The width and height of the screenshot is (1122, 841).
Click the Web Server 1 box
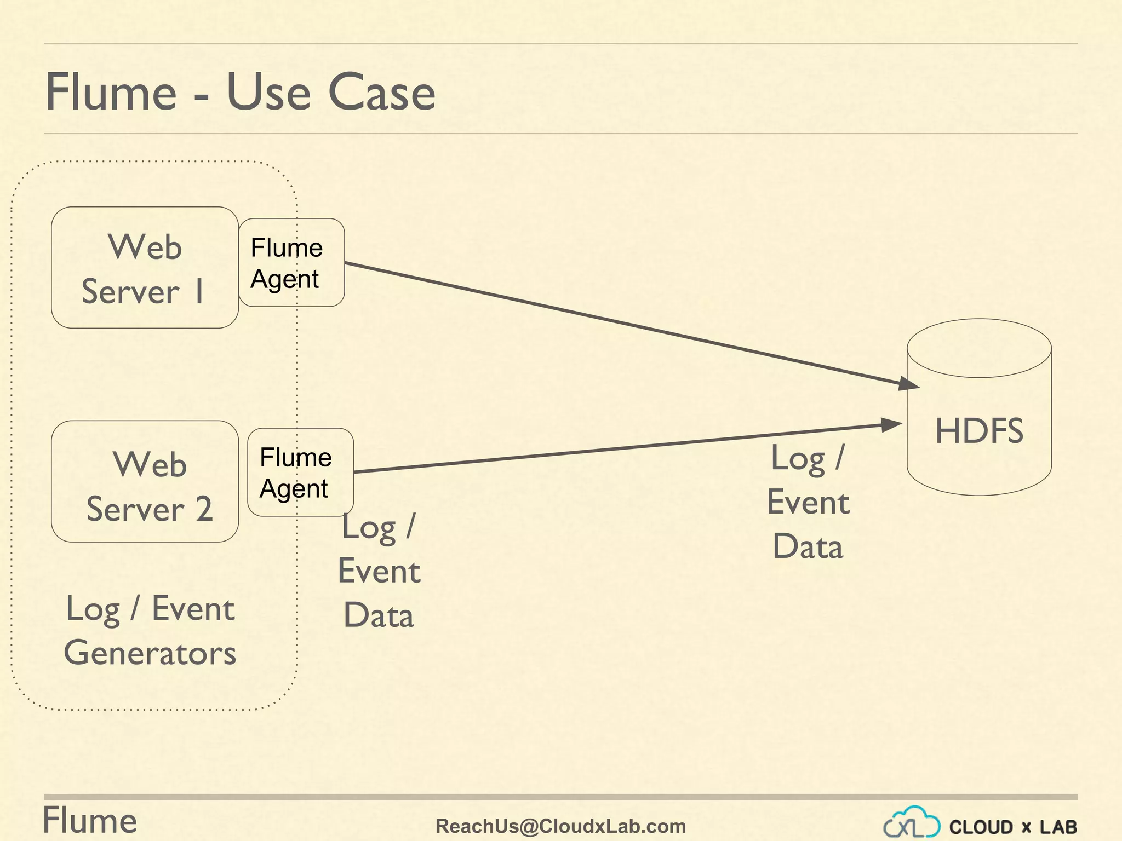[x=145, y=268]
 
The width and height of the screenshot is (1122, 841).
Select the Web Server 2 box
[x=145, y=481]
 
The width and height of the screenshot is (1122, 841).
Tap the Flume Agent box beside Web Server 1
[x=291, y=263]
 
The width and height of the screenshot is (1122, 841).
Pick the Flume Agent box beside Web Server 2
[x=300, y=472]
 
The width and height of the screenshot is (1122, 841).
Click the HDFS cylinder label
[x=979, y=430]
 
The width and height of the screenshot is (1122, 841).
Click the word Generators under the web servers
[x=150, y=653]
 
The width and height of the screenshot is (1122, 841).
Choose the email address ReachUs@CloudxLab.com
[x=560, y=826]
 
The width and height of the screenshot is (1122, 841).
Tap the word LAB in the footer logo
[x=1058, y=827]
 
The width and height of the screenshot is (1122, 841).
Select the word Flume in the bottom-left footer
[x=90, y=820]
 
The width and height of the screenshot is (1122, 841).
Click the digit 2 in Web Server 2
[x=204, y=509]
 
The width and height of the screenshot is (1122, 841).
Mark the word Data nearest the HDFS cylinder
[x=808, y=546]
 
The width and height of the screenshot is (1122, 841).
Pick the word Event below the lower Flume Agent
[x=379, y=571]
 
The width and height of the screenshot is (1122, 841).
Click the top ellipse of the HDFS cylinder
[x=979, y=348]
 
